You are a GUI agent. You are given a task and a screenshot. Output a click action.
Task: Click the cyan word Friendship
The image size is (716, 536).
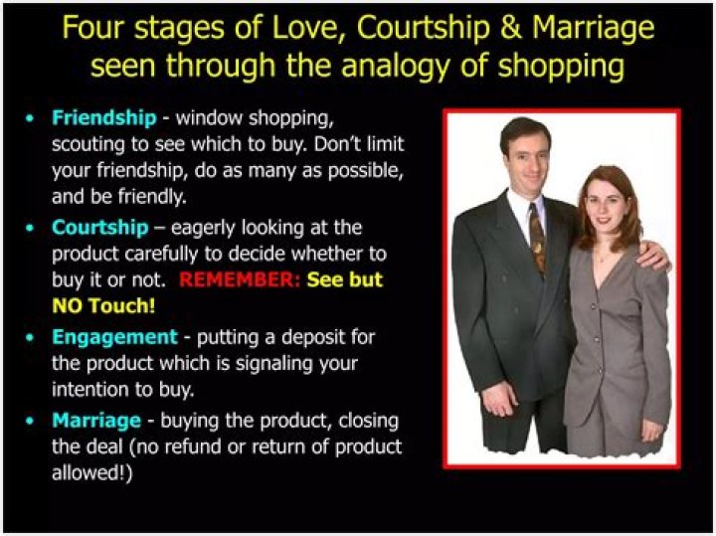(103, 118)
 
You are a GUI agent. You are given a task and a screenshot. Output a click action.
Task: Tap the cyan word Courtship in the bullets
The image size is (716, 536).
(99, 228)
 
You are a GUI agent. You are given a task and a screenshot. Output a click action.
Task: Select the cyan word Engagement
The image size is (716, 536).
(113, 337)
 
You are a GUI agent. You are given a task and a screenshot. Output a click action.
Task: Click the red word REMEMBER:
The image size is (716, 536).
(239, 280)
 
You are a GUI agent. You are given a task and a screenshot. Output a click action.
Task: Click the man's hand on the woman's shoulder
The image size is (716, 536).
(650, 256)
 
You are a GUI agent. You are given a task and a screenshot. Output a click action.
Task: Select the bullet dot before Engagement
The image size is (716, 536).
(32, 337)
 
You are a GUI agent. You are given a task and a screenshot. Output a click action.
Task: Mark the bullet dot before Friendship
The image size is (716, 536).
(32, 118)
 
